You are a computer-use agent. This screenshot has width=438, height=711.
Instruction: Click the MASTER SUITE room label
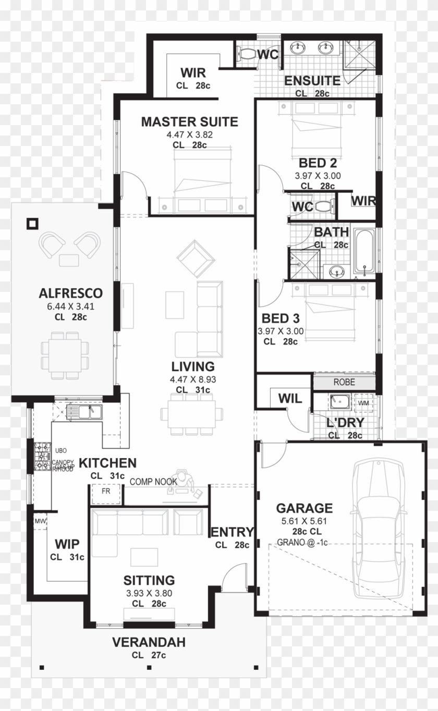(x=189, y=122)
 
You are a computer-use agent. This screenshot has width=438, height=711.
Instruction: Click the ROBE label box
(x=344, y=382)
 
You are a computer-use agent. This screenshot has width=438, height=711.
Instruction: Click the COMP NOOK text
(x=153, y=482)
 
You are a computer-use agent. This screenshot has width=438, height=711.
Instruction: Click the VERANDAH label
(x=149, y=643)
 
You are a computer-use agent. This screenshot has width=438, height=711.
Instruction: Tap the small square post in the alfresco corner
(x=33, y=224)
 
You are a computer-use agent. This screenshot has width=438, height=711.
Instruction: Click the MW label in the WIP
(x=40, y=520)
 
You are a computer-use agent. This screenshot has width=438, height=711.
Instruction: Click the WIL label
(x=289, y=399)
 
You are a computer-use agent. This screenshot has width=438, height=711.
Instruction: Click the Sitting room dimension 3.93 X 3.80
(x=149, y=593)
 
